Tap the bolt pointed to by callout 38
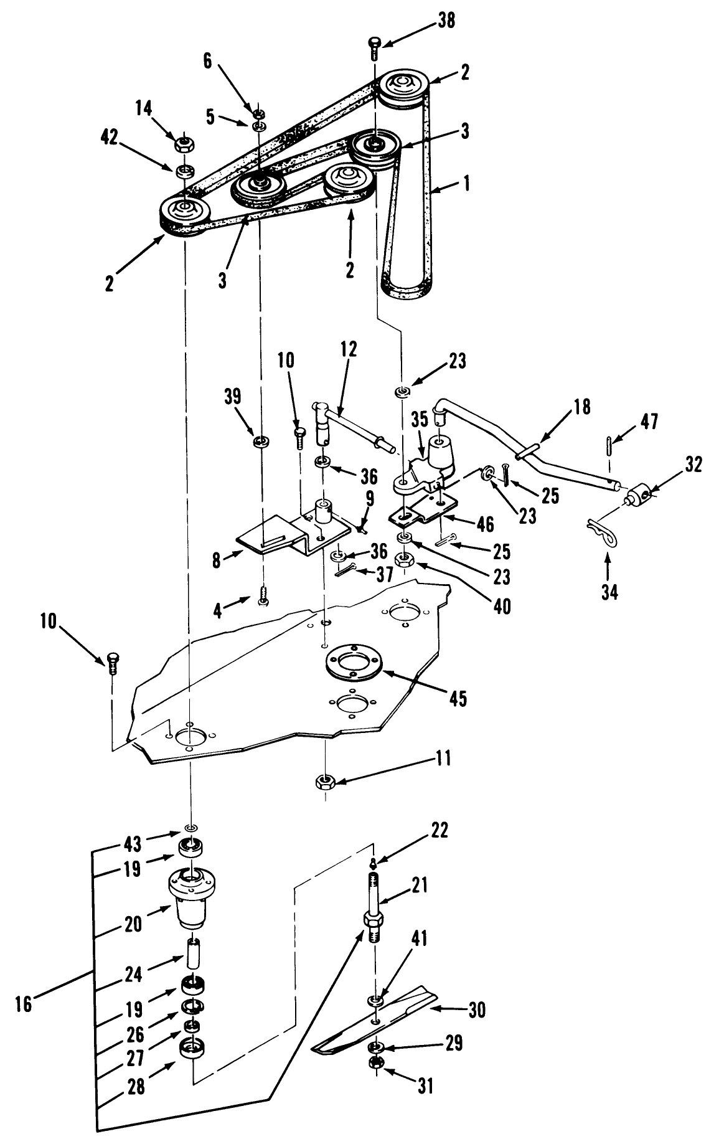click(x=374, y=47)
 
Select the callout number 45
click(x=458, y=698)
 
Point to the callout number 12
click(x=349, y=349)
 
